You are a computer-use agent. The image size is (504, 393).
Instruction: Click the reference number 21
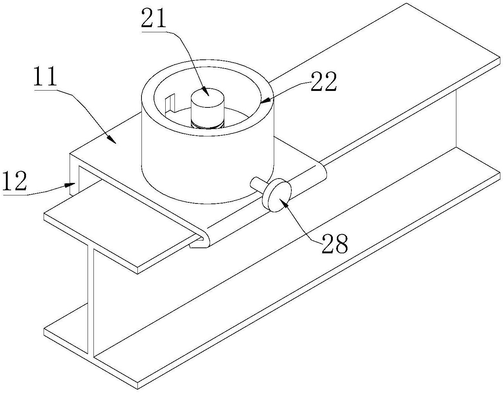154,19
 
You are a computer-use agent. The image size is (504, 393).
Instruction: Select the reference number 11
45,77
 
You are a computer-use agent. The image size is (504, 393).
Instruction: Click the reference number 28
334,243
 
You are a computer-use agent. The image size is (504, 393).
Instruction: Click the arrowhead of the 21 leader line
206,92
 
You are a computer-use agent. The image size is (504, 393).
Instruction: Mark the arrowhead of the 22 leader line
265,100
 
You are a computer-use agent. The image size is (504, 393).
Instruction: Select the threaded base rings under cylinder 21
207,125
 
